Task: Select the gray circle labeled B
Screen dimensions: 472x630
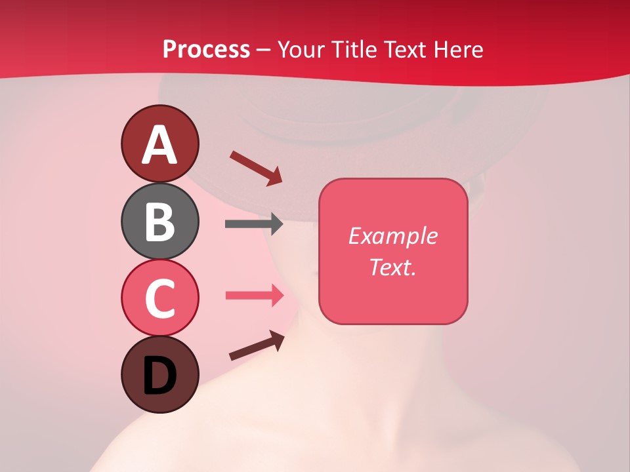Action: tap(159, 221)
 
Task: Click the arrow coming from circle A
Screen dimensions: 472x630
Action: tap(255, 167)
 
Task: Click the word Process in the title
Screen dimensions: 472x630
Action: tap(206, 50)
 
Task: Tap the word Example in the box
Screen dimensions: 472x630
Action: tap(392, 236)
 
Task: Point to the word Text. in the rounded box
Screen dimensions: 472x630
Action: tap(392, 267)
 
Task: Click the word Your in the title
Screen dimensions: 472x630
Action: tap(301, 50)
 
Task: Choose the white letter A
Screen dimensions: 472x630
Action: tap(159, 145)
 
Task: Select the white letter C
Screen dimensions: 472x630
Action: tap(159, 298)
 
